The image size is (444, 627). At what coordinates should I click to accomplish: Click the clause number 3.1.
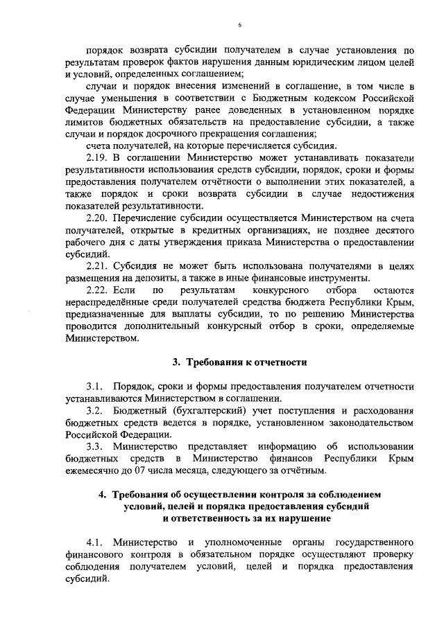click(x=95, y=387)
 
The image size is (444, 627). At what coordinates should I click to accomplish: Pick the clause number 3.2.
click(x=95, y=411)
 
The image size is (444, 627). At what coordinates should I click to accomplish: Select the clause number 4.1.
click(x=95, y=542)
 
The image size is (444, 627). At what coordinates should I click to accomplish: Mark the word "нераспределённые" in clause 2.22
click(x=106, y=302)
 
